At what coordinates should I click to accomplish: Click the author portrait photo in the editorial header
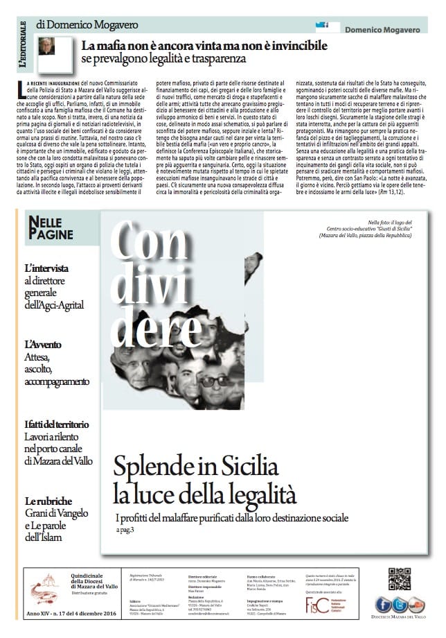pyautogui.click(x=46, y=46)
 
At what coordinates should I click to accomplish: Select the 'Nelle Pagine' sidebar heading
pyautogui.click(x=52, y=229)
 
